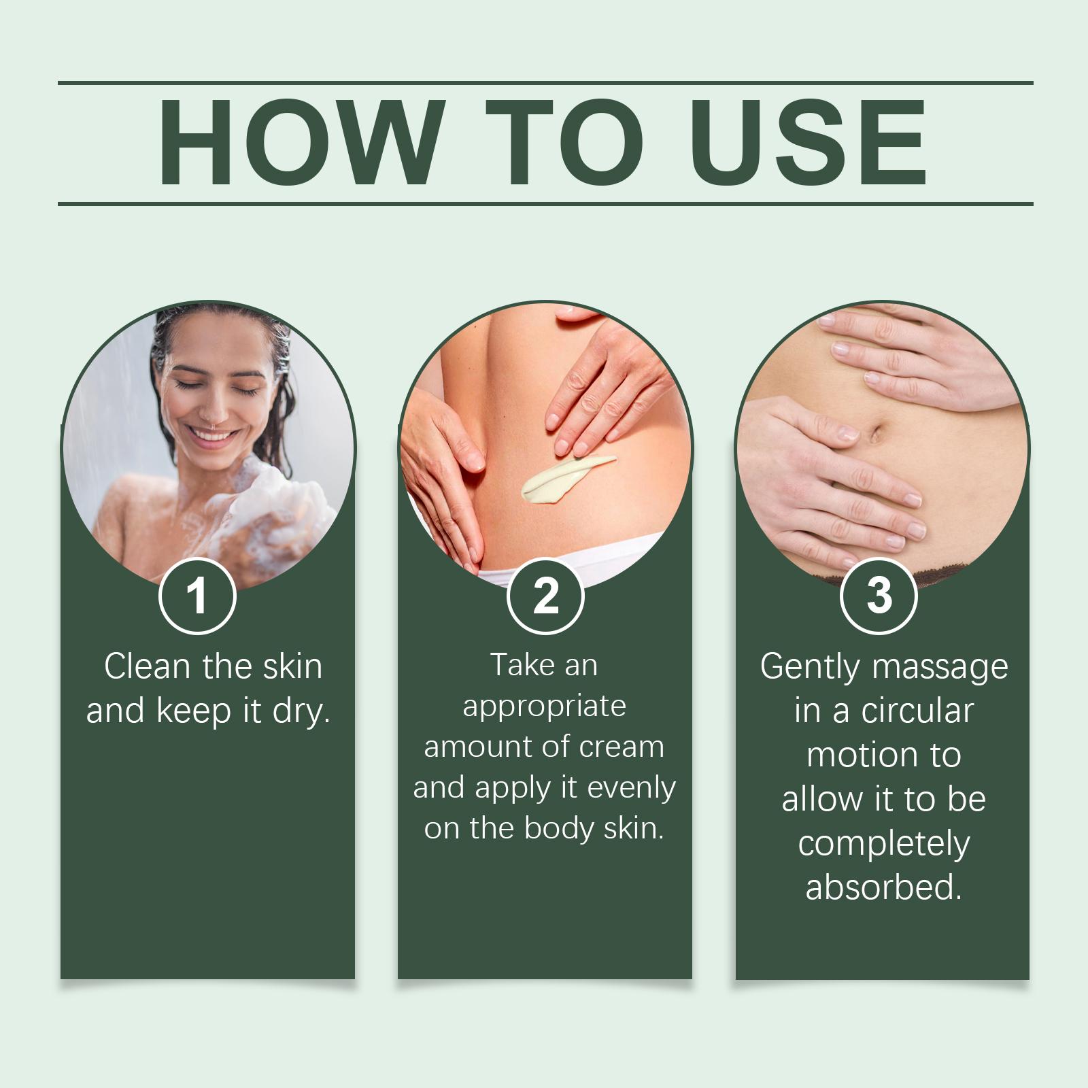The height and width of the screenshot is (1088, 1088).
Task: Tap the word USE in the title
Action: tap(809, 142)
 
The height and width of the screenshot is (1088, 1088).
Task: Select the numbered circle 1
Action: tap(197, 596)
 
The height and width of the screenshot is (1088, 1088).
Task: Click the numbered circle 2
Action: tap(545, 596)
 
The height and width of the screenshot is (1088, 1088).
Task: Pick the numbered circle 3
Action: tap(879, 596)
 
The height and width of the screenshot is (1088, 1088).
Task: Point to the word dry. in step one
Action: tap(301, 711)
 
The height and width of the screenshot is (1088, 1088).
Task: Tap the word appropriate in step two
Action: tap(544, 707)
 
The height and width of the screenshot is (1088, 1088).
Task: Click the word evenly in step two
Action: tap(631, 789)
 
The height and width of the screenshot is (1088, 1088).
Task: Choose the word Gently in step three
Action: tap(810, 667)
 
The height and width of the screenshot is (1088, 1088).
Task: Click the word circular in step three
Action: tap(917, 711)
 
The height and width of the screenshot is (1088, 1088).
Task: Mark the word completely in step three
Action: tap(883, 845)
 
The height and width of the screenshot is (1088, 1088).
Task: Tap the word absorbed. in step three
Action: tap(883, 887)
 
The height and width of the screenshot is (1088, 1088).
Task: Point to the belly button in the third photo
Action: tap(876, 432)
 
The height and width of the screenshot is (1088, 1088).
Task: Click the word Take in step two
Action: tap(521, 665)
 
